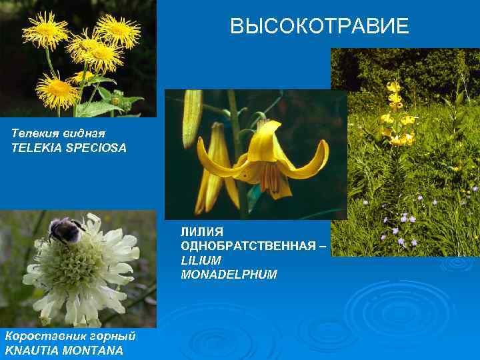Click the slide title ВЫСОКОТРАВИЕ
(319, 27)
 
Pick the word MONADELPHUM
(229, 275)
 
